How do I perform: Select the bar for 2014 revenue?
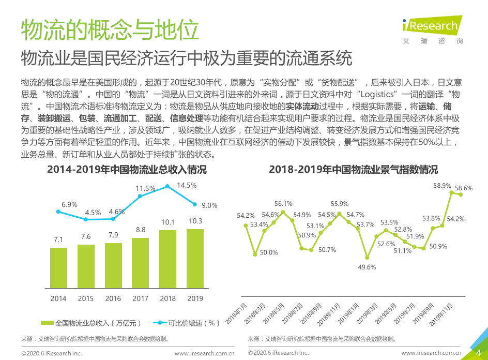[x=58, y=269]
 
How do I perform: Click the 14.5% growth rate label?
[x=187, y=185]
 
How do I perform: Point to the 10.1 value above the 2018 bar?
[x=167, y=221]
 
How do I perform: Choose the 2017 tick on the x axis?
[x=140, y=298]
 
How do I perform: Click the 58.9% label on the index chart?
[x=442, y=185]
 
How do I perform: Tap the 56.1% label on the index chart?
[x=283, y=204]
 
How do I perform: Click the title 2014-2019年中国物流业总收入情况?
[x=126, y=170]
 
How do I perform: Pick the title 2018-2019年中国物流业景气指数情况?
[x=354, y=170]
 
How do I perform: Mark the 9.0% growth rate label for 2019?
[x=209, y=205]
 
